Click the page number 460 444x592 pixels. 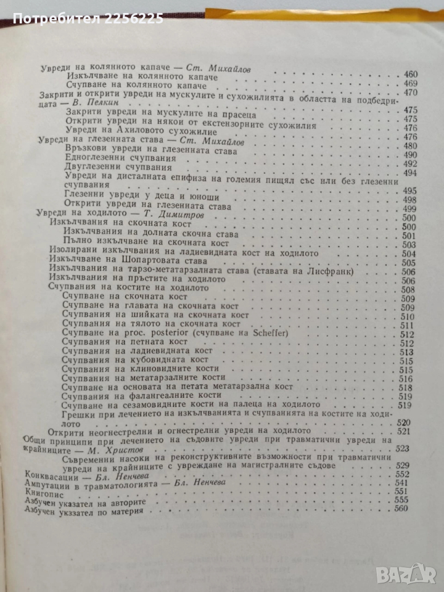[x=410, y=75]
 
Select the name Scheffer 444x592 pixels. [x=252, y=334]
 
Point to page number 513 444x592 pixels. [x=409, y=352]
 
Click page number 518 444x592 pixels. [x=409, y=388]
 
